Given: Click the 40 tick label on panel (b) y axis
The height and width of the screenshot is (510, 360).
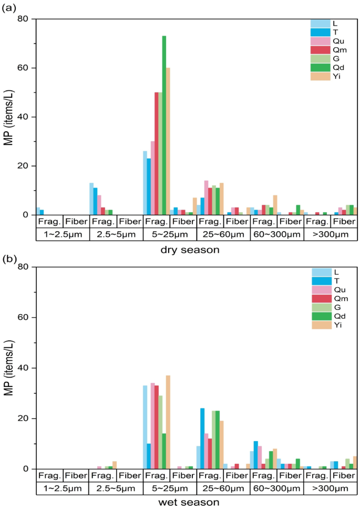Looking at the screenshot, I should point(26,368).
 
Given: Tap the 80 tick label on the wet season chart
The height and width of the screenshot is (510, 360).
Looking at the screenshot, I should point(26,267).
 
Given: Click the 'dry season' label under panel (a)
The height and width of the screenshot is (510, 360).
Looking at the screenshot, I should point(190,250).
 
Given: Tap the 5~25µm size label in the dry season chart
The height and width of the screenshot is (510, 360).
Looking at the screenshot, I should point(169,233).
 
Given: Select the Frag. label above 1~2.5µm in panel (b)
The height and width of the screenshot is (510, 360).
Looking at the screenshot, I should point(49,475).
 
